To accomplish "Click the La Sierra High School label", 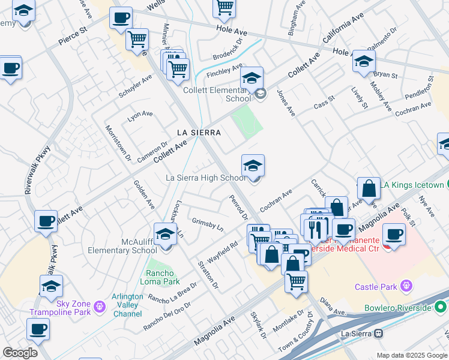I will click(x=205, y=178).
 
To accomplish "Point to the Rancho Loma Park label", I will click(x=160, y=277).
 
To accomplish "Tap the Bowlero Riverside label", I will click(x=398, y=308).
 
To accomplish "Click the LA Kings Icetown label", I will click(x=414, y=185).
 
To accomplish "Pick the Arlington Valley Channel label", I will click(x=127, y=305).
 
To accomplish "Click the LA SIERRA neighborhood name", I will click(x=199, y=132).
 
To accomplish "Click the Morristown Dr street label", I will click(x=118, y=143).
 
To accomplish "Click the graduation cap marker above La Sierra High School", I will click(x=253, y=166).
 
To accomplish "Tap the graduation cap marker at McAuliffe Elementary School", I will click(x=165, y=234).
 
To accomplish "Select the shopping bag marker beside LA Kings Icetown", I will click(x=369, y=188).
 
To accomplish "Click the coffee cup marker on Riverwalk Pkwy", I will click(x=46, y=221).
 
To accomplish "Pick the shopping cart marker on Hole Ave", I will click(x=224, y=7).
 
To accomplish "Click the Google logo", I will click(x=20, y=353).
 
